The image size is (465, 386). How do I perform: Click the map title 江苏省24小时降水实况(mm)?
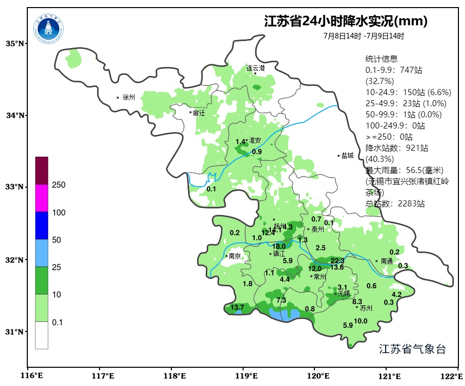(x=346, y=21)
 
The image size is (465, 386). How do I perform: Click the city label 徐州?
(x=129, y=97)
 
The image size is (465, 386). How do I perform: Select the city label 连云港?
(x=255, y=68)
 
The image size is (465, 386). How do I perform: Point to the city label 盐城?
(x=347, y=156)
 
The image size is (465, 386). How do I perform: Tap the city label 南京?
(x=235, y=256)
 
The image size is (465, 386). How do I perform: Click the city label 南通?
(x=387, y=261)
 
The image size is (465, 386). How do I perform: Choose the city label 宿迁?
(x=199, y=113)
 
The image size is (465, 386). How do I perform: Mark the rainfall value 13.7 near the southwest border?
(x=237, y=307)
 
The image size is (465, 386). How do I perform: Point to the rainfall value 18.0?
(x=279, y=246)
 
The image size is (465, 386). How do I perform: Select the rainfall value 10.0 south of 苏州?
(x=360, y=321)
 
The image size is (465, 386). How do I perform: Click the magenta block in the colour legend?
(x=41, y=198)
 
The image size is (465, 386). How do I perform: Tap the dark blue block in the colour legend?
(x=41, y=225)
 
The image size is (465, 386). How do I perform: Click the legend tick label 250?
(x=59, y=185)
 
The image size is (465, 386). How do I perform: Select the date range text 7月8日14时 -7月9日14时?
(x=363, y=36)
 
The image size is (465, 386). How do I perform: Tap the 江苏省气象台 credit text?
(x=412, y=349)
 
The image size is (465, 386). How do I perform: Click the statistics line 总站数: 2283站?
(x=395, y=204)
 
